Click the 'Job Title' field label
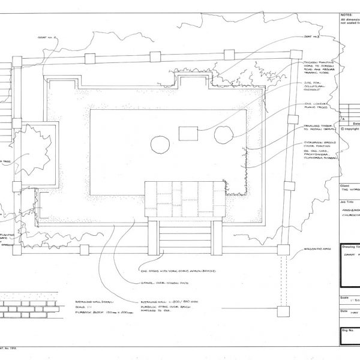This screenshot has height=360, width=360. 347,203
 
